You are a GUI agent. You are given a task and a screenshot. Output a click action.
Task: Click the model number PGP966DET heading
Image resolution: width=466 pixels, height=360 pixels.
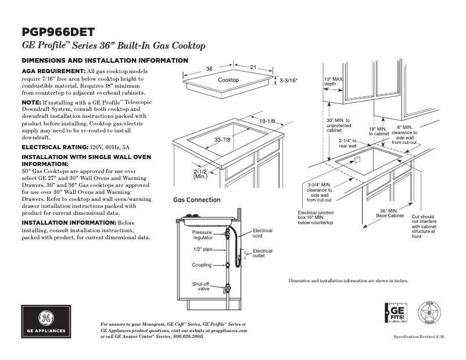tap(58, 33)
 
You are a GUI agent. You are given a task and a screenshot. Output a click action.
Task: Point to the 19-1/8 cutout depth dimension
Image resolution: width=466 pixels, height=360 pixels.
tap(268, 121)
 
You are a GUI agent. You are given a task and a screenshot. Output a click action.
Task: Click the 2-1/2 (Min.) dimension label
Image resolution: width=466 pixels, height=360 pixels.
tap(202, 174)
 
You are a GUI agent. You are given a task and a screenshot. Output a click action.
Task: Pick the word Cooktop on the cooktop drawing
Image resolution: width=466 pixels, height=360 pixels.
tap(228, 80)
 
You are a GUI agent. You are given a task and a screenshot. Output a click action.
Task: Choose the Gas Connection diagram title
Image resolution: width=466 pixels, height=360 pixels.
tap(197, 200)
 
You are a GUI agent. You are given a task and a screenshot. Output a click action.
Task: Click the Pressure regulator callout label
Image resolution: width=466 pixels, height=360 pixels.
tap(203, 235)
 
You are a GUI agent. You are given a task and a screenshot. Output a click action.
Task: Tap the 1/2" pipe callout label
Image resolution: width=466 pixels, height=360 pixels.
tap(203, 249)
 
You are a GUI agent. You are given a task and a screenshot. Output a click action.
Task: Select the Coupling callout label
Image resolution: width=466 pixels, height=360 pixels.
tap(202, 265)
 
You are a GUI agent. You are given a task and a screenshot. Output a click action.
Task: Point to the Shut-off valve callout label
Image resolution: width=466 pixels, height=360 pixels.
tap(201, 286)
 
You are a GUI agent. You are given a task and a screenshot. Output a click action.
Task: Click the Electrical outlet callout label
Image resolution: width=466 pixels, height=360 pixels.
tap(263, 253)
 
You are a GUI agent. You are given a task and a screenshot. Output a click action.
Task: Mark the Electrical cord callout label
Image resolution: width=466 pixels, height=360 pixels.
tap(263, 233)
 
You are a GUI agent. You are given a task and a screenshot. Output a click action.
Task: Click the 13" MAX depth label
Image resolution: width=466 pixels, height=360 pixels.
tap(333, 81)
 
